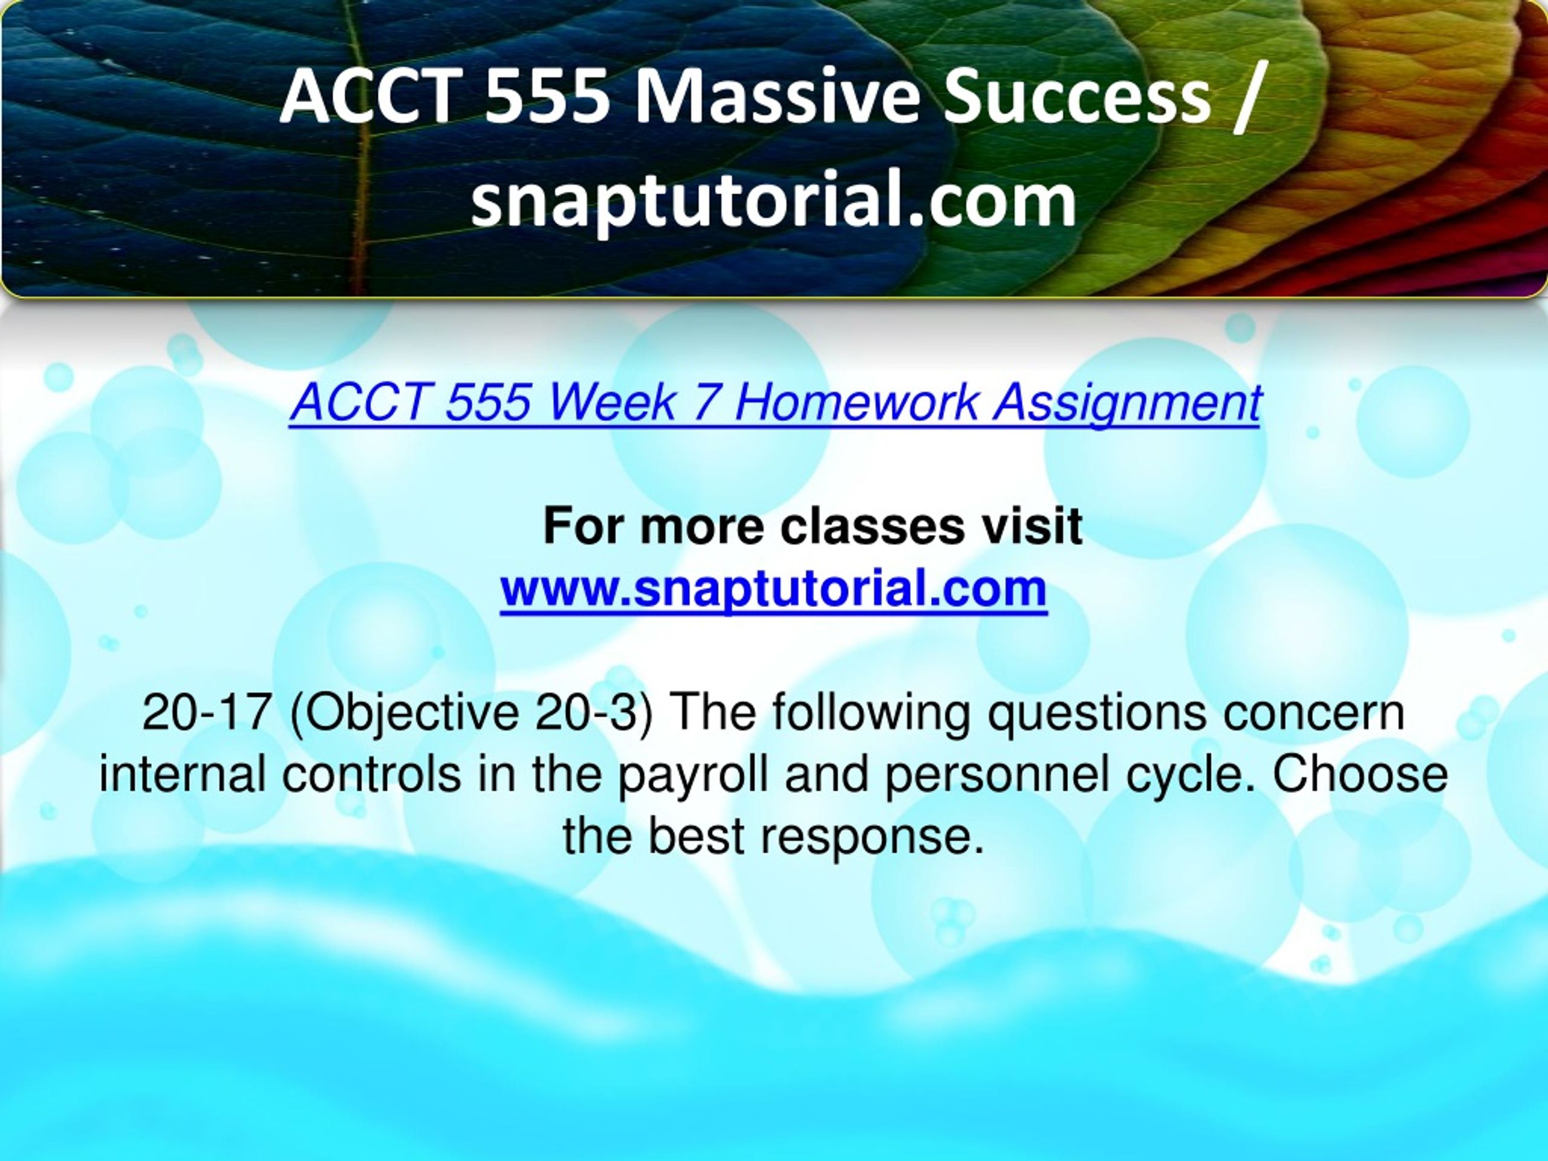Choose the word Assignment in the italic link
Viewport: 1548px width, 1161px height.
1127,406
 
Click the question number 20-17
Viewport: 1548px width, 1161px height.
206,712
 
